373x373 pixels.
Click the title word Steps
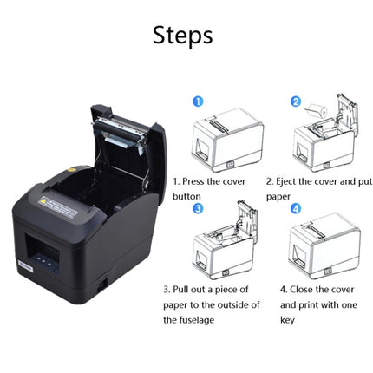(182, 36)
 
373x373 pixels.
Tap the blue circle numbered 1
(198, 101)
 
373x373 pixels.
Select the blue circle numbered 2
(295, 101)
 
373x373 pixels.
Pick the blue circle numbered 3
(198, 208)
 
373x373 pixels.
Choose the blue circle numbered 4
(295, 208)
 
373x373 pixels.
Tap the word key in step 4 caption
(287, 319)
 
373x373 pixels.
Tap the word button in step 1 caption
(186, 196)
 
